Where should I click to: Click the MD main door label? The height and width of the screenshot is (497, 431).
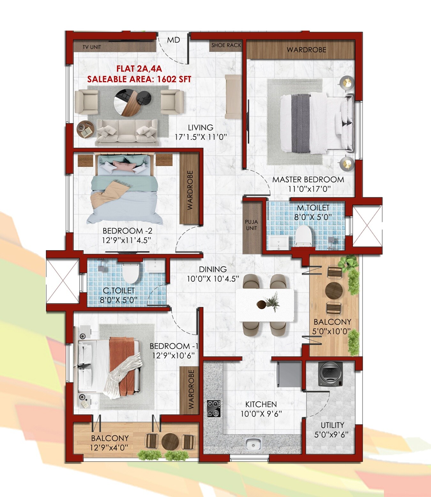174,40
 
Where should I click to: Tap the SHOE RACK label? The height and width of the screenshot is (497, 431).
226,45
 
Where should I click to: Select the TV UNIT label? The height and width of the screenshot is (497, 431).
92,47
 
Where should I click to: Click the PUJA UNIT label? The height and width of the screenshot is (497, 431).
252,225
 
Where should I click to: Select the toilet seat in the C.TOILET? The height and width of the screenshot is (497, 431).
130,273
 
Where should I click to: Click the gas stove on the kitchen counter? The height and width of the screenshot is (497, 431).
214,409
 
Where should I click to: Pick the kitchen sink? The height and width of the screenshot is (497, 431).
253,444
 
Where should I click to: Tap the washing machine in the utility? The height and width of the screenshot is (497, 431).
330,374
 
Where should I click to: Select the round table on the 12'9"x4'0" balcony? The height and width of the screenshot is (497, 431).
170,441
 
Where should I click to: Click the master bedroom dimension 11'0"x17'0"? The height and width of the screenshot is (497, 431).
309,189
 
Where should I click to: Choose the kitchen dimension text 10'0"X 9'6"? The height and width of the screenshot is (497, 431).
261,414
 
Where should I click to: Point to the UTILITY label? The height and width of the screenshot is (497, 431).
332,425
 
